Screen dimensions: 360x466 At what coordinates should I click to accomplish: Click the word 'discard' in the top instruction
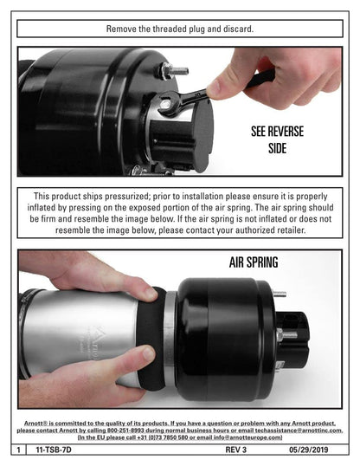(x=239, y=29)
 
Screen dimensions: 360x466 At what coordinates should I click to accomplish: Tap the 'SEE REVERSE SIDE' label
(x=277, y=139)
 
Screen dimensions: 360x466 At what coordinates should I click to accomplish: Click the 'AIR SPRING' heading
(x=254, y=262)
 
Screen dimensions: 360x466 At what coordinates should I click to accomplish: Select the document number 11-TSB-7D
(x=54, y=450)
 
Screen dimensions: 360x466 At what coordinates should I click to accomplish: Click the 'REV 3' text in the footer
(x=236, y=450)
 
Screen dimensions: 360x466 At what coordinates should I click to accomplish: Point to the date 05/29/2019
(x=309, y=450)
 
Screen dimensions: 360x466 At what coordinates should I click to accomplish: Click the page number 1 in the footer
(x=18, y=450)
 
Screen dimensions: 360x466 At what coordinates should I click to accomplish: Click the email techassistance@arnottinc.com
(x=299, y=430)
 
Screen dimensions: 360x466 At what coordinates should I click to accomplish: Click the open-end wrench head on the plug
(x=168, y=103)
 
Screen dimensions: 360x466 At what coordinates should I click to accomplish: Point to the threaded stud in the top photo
(x=176, y=71)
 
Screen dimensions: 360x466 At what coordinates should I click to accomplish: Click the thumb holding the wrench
(x=222, y=85)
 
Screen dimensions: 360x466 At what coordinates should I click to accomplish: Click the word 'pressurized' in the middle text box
(x=126, y=197)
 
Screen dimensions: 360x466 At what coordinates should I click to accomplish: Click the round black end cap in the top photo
(x=204, y=136)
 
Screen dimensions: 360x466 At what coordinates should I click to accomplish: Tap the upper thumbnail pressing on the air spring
(x=151, y=294)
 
